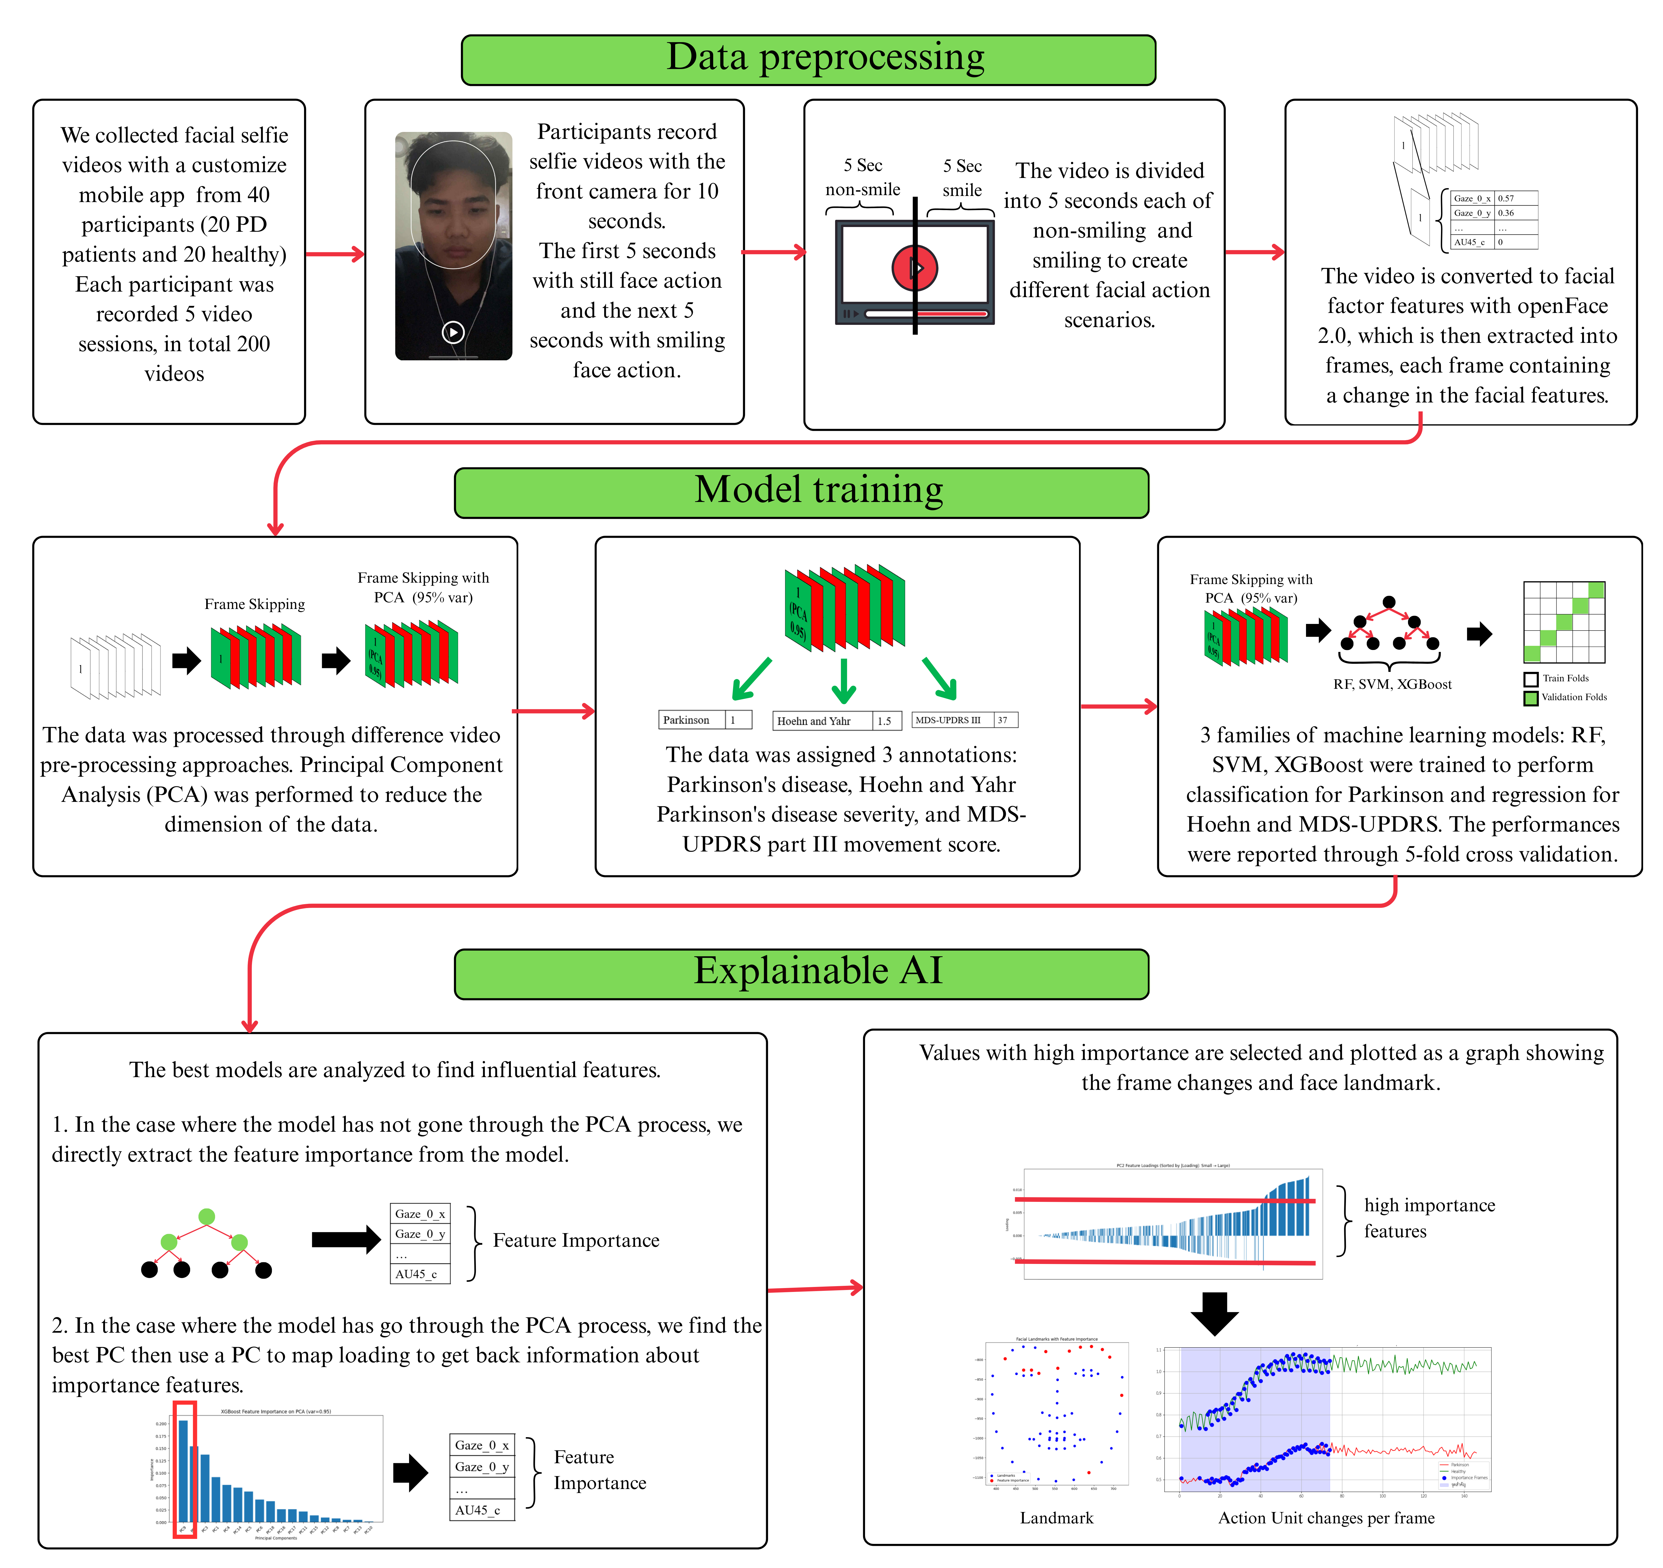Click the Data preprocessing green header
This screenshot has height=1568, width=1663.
tap(808, 59)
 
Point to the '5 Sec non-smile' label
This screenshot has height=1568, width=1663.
tap(863, 177)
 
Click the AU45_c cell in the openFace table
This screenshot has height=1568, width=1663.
tap(1470, 242)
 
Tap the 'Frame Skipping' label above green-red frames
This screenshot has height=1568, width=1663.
tap(254, 604)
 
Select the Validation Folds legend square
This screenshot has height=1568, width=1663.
tap(1531, 698)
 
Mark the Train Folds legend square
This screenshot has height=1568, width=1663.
tap(1531, 679)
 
